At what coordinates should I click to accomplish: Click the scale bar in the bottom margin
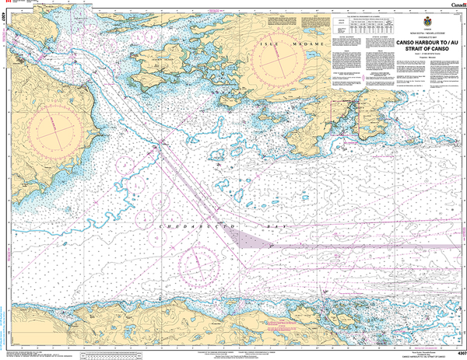click(117, 352)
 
